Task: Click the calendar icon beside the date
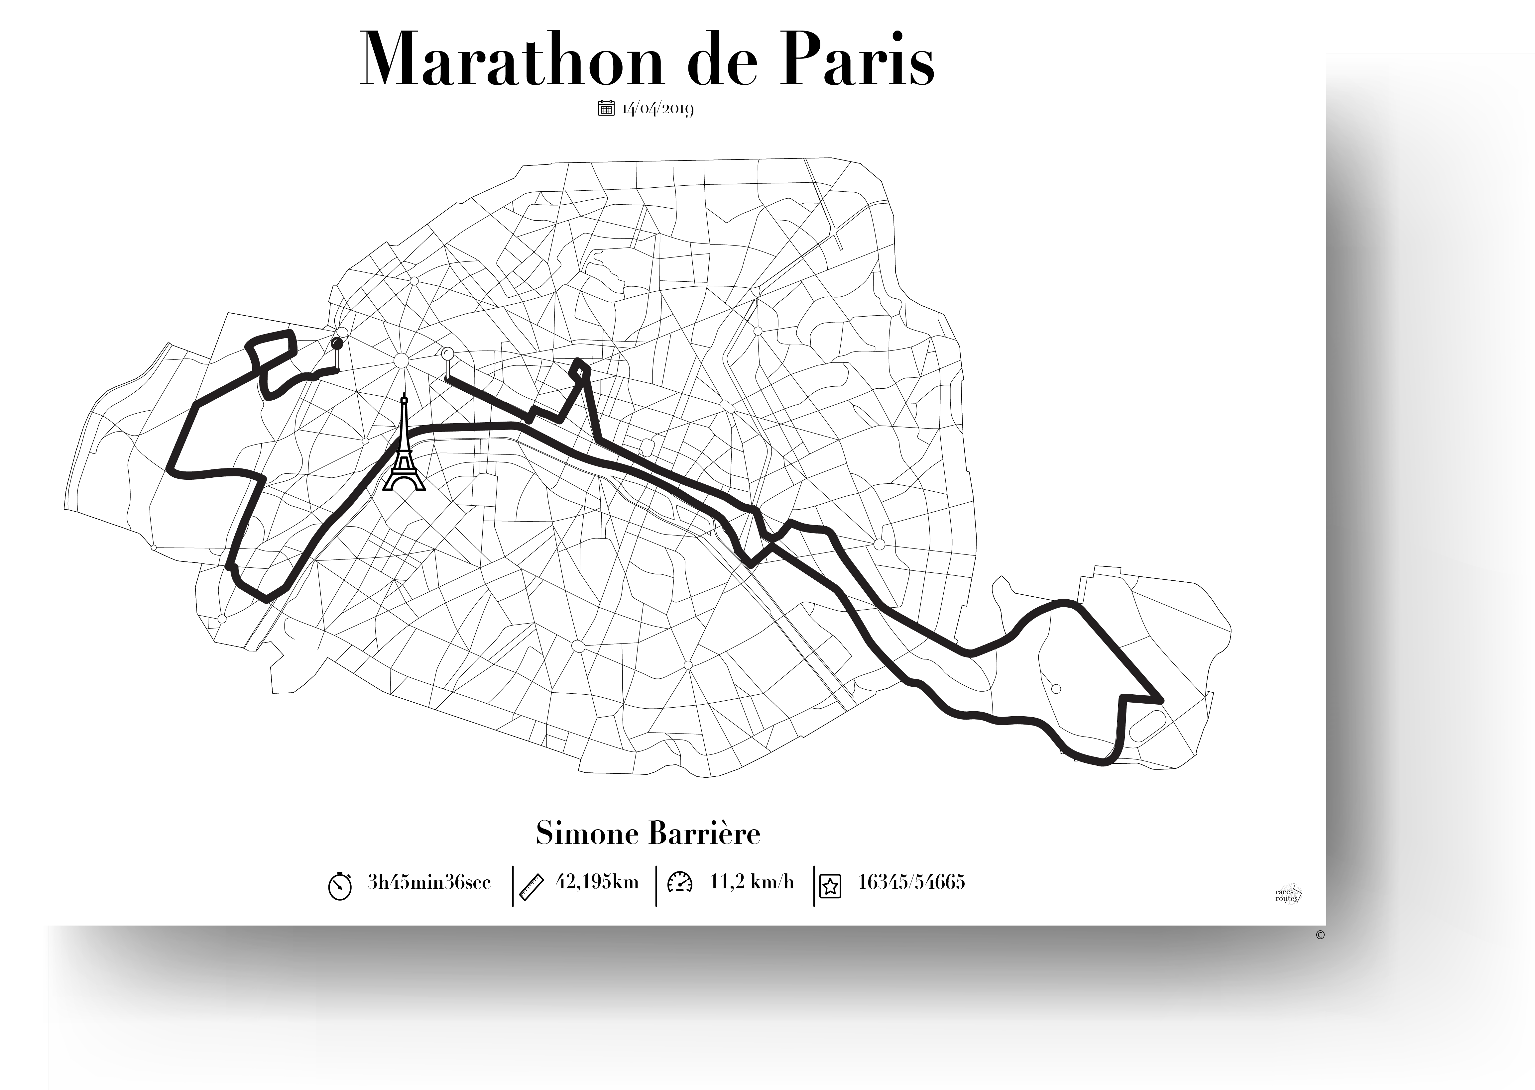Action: point(606,107)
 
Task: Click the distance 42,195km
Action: point(597,882)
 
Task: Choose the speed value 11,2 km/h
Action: point(752,882)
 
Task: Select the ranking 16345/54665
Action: point(911,882)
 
